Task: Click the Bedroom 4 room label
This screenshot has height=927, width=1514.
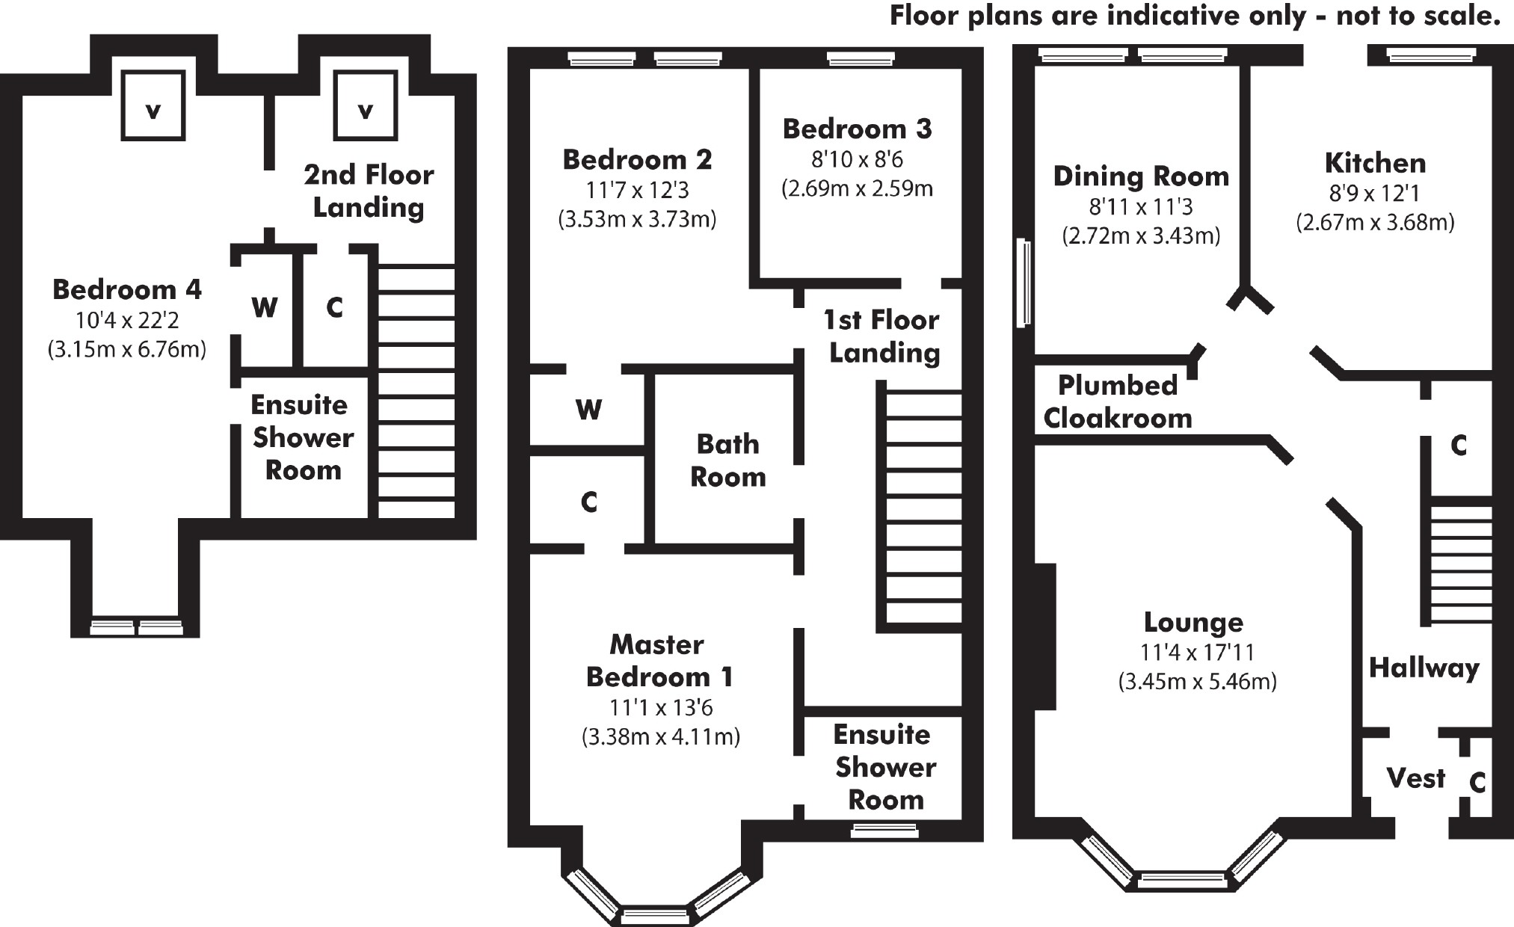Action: [x=127, y=289]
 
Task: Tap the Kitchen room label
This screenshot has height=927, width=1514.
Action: [x=1375, y=163]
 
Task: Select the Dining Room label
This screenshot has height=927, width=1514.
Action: [x=1141, y=176]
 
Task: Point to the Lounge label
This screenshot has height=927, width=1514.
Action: [x=1193, y=622]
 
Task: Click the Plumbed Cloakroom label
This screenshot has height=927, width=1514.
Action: [x=1118, y=401]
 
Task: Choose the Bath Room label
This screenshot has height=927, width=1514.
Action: [x=727, y=461]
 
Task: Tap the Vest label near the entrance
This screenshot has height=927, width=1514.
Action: [x=1416, y=778]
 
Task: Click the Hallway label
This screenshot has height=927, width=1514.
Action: [x=1424, y=668]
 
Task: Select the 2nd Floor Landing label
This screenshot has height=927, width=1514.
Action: [x=369, y=191]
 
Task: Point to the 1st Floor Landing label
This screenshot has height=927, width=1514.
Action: [x=882, y=336]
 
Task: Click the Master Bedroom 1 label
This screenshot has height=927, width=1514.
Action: [x=659, y=661]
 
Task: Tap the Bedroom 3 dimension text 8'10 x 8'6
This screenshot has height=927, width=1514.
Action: [x=858, y=159]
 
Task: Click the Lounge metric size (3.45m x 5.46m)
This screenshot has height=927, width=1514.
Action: [x=1197, y=682]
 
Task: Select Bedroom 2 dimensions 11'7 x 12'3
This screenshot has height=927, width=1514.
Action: [x=637, y=190]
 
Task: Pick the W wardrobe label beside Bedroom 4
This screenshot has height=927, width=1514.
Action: [x=265, y=307]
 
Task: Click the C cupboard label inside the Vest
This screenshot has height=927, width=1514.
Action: [x=1477, y=783]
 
